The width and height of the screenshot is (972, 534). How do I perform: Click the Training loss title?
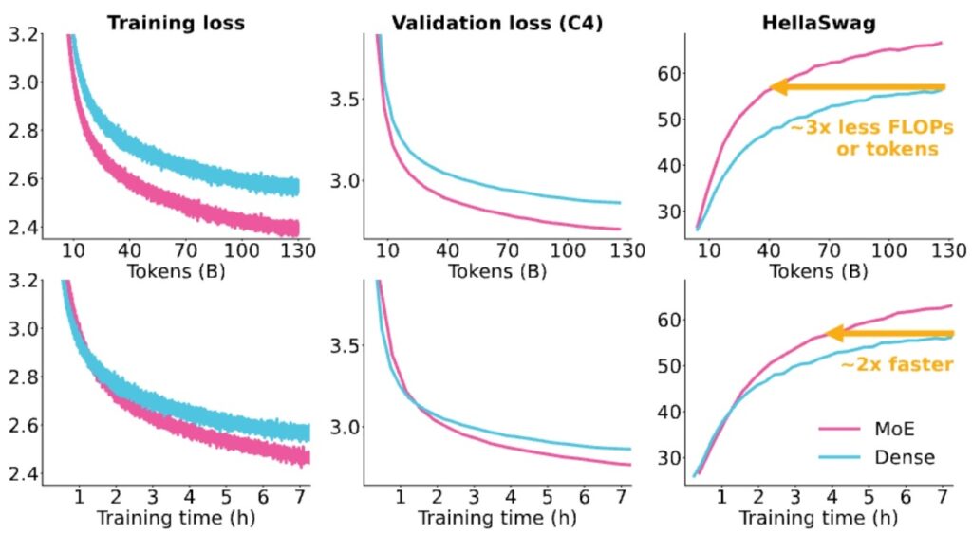coord(176,23)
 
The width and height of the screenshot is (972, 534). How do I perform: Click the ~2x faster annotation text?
coord(896,364)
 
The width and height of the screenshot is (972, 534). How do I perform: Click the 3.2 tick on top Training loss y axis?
coord(23,35)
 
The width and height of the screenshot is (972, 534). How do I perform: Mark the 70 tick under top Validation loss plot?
coord(509,250)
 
